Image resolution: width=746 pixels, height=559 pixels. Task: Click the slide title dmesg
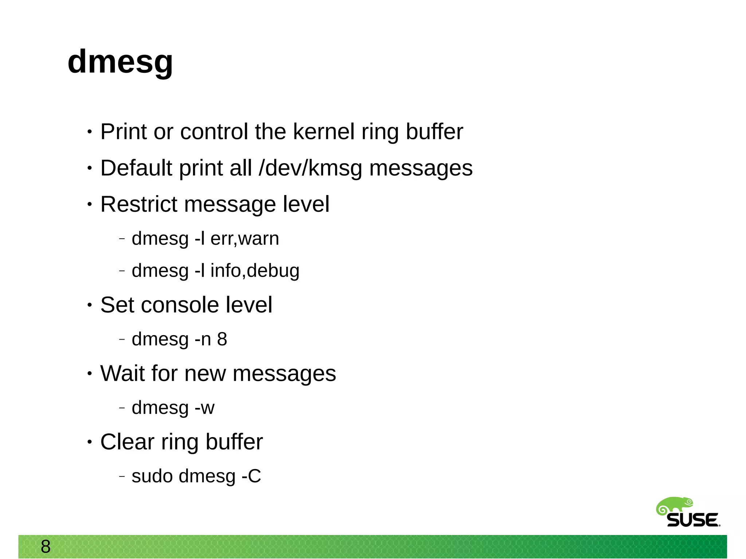click(x=120, y=62)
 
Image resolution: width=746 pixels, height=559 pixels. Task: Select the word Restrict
click(x=138, y=204)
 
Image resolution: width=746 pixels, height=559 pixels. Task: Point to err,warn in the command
click(x=245, y=239)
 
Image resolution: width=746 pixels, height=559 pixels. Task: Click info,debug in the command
click(x=255, y=271)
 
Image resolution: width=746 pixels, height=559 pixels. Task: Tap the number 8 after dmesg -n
click(x=222, y=339)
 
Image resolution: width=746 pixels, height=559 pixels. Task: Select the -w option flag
click(x=205, y=408)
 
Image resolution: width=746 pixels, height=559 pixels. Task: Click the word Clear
click(x=127, y=442)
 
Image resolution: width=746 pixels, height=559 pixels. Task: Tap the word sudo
click(x=152, y=476)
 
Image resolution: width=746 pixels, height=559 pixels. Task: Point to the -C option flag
click(x=251, y=476)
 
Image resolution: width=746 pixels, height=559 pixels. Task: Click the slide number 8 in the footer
click(x=46, y=546)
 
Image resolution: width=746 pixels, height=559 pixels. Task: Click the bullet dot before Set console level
click(x=90, y=305)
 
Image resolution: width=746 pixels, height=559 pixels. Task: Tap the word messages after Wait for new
click(x=284, y=373)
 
